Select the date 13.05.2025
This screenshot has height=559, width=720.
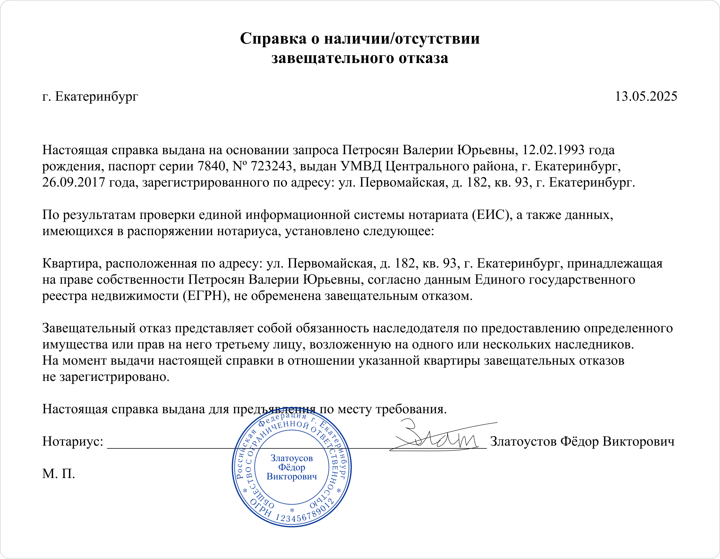(646, 96)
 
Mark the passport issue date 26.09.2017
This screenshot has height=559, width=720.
(73, 182)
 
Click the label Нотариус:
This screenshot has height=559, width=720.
(73, 441)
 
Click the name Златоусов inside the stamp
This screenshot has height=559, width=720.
(291, 458)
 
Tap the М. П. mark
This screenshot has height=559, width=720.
(59, 474)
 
